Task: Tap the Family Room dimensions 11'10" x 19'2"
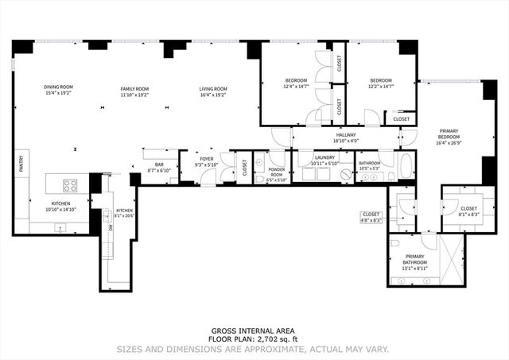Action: click(134, 95)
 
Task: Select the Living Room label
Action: click(212, 88)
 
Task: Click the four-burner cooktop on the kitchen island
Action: click(70, 186)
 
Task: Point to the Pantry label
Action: click(21, 163)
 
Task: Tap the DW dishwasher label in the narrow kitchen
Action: click(111, 228)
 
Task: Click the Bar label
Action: click(159, 165)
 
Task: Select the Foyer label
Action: click(207, 159)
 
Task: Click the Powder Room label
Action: click(277, 172)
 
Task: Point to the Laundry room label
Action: click(324, 157)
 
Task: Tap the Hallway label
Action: click(345, 135)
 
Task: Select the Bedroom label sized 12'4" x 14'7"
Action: click(297, 80)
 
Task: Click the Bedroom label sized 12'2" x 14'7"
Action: click(380, 80)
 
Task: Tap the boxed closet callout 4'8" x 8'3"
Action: click(371, 216)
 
